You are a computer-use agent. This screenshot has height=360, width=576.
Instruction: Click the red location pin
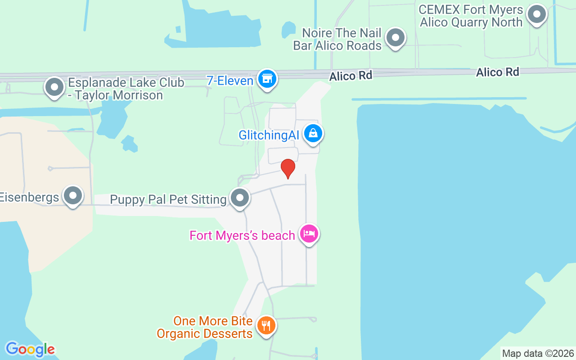point(288,168)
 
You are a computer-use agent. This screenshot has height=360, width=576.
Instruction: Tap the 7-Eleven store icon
point(267,79)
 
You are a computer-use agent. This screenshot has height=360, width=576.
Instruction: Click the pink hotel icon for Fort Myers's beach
point(309,234)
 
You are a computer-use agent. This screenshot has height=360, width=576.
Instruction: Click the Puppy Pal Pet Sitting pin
point(240,198)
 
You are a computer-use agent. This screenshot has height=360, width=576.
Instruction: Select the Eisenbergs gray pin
point(73,196)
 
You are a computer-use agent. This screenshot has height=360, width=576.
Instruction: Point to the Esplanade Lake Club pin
point(54,87)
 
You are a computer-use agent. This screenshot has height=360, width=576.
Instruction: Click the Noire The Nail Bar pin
point(396,38)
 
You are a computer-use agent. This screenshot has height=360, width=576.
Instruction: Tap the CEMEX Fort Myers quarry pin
point(536,14)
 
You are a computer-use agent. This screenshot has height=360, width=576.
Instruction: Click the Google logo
point(30,349)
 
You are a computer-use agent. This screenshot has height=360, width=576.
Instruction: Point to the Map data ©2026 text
point(538,353)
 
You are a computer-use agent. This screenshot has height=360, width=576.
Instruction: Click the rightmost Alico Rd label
point(497,72)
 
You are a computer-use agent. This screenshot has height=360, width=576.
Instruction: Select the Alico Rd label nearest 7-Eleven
point(351,76)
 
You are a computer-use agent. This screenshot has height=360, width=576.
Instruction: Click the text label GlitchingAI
point(269,135)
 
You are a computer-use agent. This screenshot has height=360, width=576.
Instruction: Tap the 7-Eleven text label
point(229,81)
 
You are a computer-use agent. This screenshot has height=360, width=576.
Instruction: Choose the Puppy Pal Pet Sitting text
point(168,200)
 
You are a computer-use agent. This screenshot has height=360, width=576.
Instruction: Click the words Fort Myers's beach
point(242,235)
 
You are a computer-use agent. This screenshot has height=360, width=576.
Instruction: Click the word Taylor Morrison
point(119,95)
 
